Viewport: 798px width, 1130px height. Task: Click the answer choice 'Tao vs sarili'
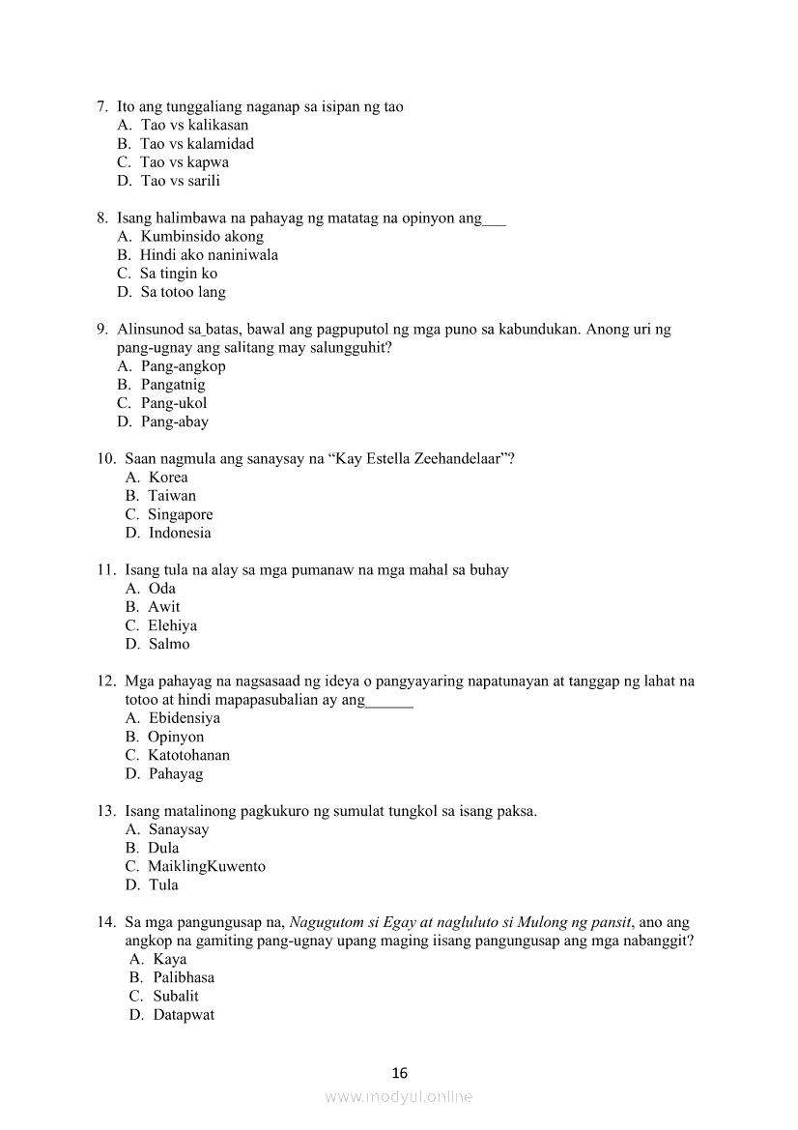pos(181,181)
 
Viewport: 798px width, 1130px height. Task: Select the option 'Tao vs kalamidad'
pos(197,144)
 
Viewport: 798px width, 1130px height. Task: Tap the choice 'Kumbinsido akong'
pos(202,237)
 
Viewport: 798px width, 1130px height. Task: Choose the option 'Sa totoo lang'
pos(183,292)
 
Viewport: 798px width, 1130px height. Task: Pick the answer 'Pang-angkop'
pos(183,366)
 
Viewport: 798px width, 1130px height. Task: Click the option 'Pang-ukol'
pos(174,403)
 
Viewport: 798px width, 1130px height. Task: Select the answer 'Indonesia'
pos(180,533)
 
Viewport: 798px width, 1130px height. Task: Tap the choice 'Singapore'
pos(181,514)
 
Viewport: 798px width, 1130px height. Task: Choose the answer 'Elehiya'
pos(173,625)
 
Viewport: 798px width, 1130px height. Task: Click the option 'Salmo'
pos(169,644)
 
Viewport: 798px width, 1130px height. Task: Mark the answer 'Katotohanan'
pos(188,755)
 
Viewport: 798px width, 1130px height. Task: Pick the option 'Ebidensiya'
pos(185,718)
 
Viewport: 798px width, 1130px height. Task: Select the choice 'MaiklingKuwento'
pos(207,866)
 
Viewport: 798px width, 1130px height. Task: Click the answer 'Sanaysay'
pos(179,829)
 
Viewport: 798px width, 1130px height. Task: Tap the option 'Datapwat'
pos(184,1015)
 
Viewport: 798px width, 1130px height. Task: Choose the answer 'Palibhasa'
pos(184,977)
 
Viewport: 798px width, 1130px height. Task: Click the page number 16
pos(400,1073)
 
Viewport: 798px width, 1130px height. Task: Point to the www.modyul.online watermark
pos(399,1097)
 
